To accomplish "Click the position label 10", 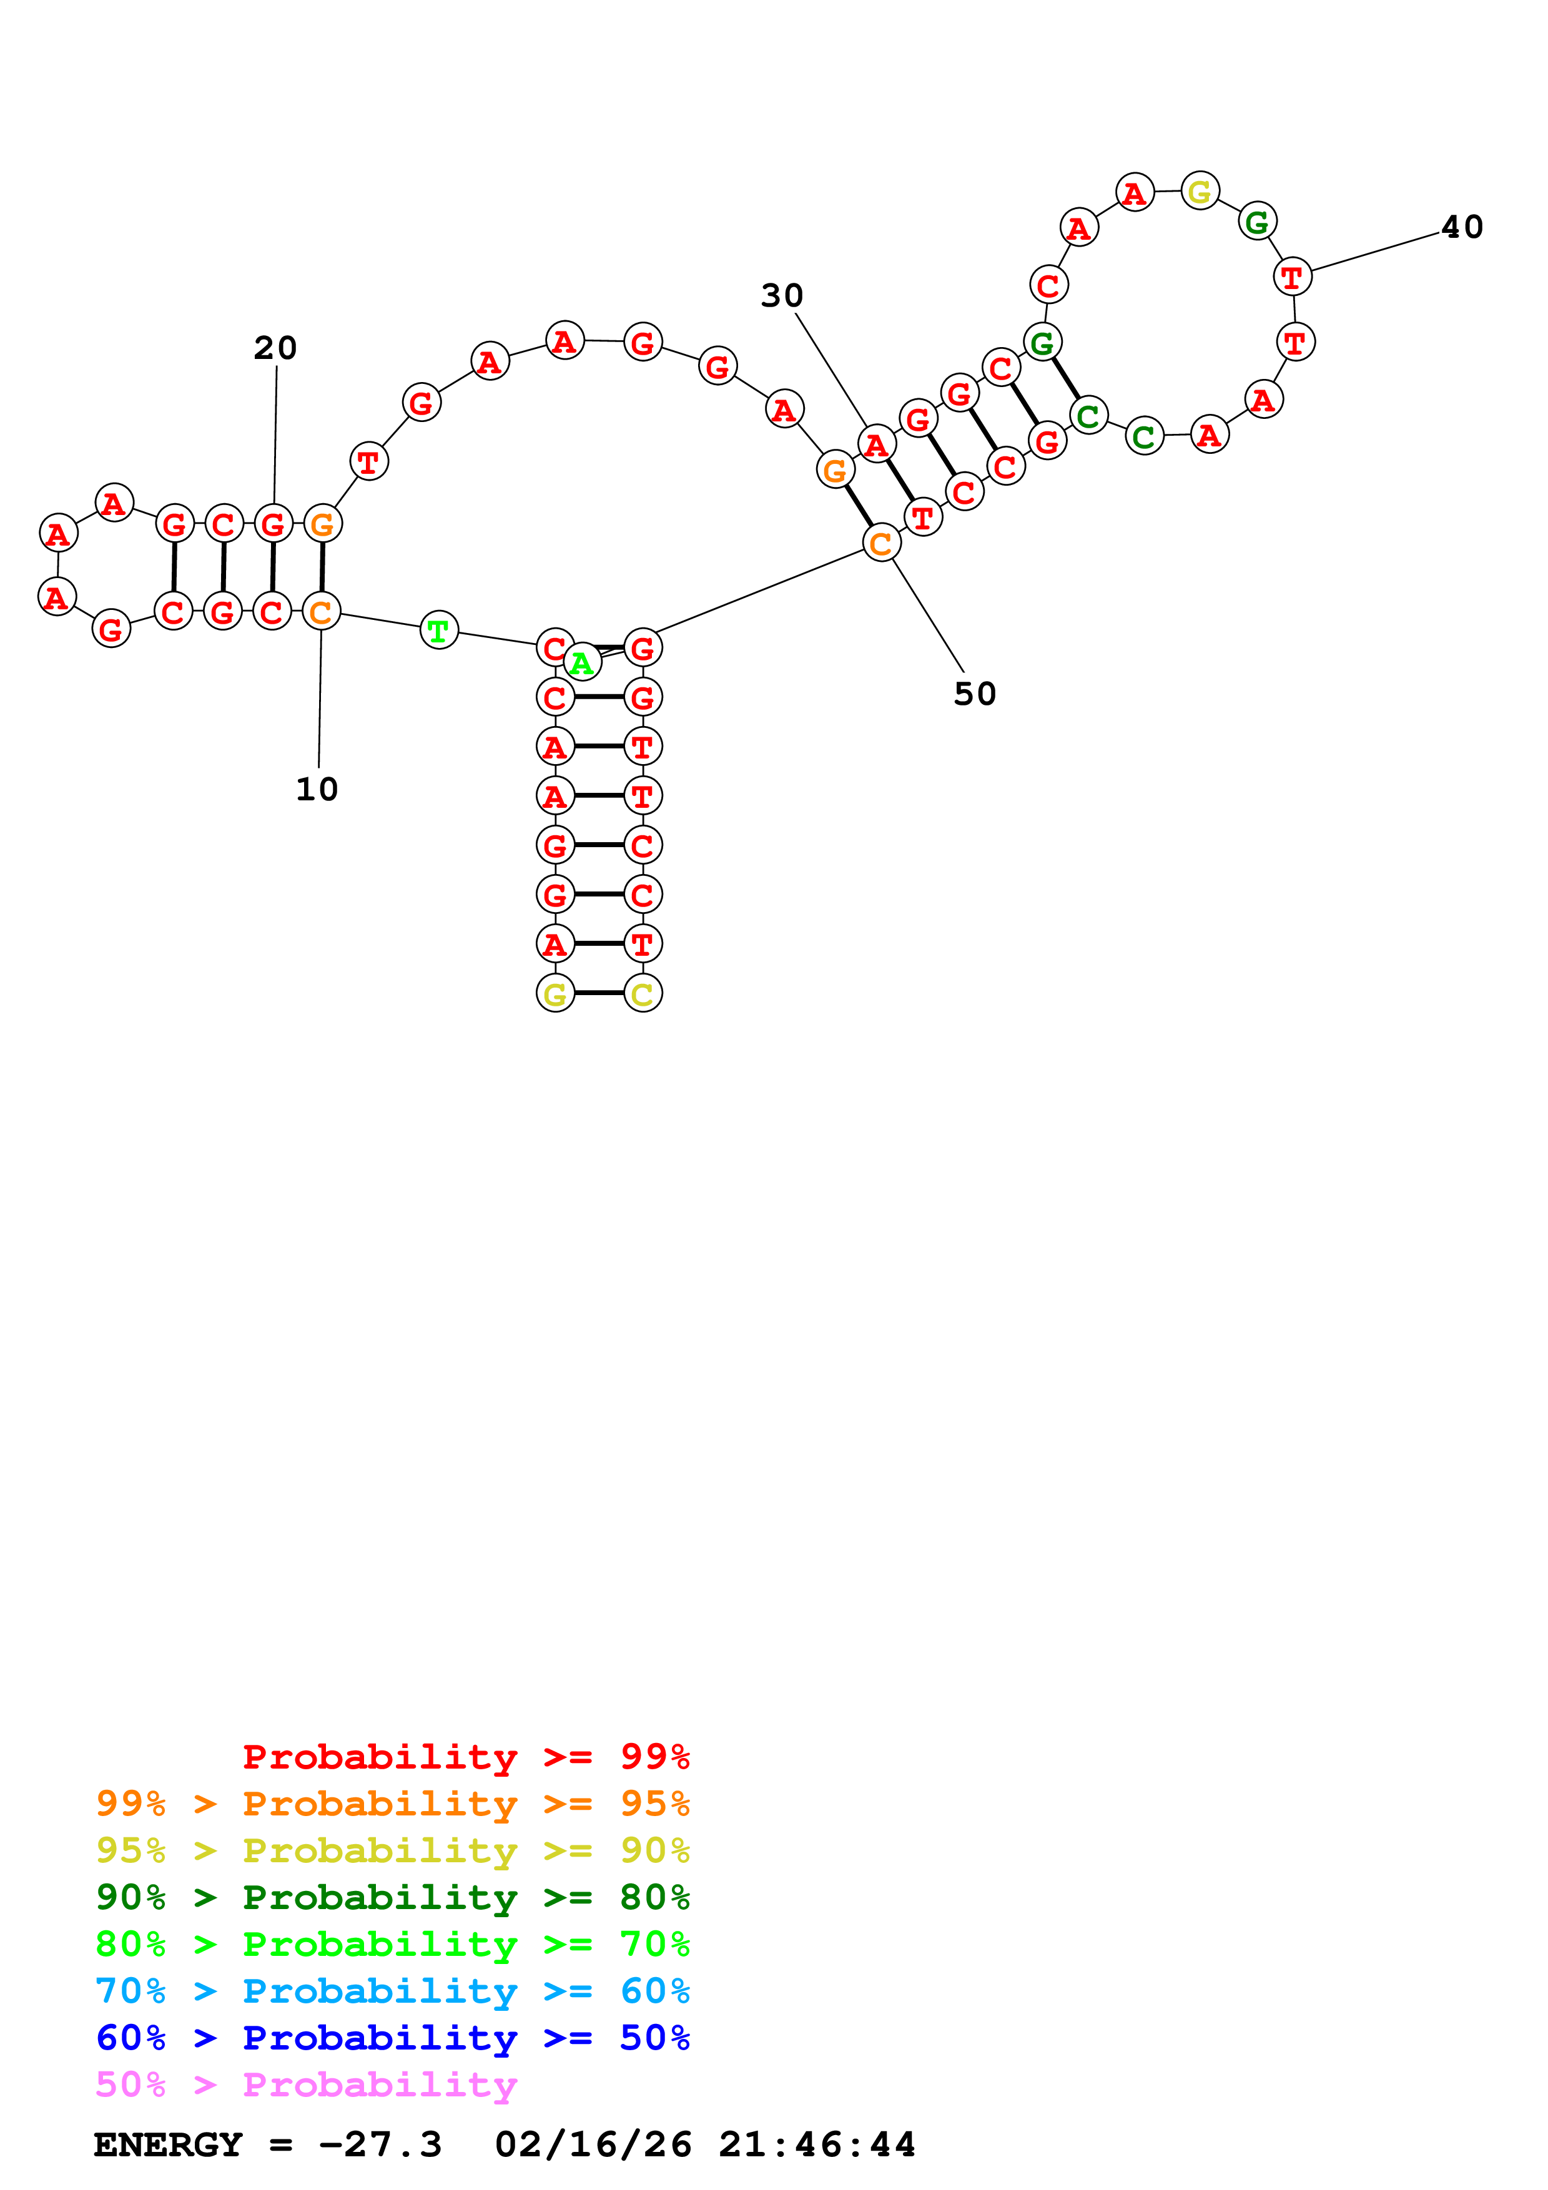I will coord(317,789).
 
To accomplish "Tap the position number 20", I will coord(275,348).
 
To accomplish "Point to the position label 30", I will coord(781,296).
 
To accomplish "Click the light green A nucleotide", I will coord(582,662).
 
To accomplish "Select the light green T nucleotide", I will coord(439,629).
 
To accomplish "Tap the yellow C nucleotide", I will coord(643,994).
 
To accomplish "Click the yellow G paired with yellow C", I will coord(555,994).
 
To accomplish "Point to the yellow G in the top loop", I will coord(1199,192).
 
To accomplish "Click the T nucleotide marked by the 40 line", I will coord(1293,277).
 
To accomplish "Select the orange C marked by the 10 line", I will coord(322,611).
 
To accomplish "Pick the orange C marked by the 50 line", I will coord(881,543).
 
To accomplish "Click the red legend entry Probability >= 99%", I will coord(465,1757).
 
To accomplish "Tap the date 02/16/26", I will coord(593,2145).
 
